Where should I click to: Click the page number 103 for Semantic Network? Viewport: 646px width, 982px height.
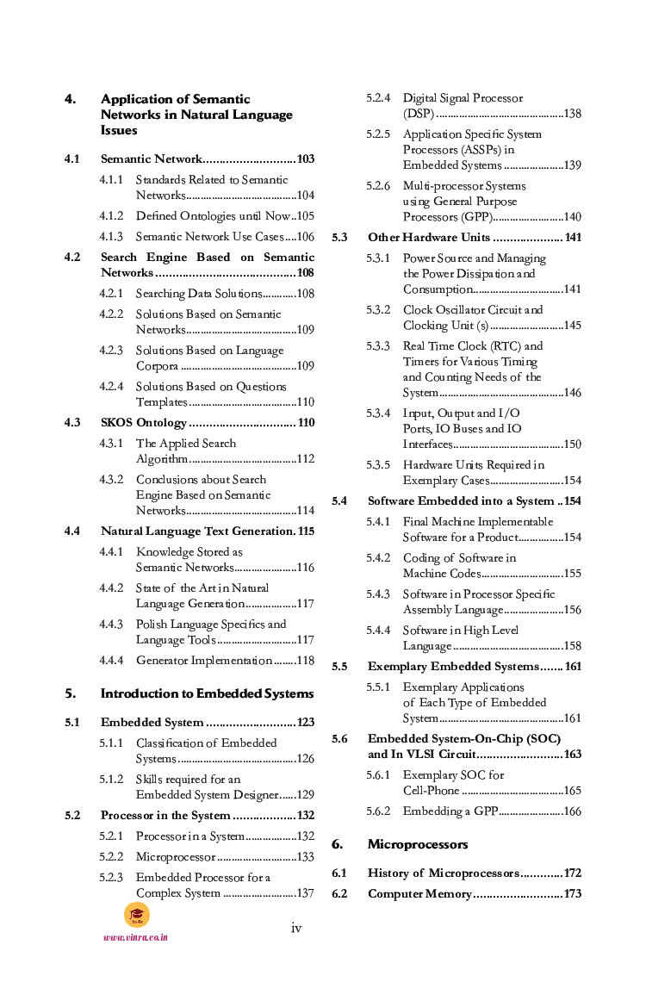tap(305, 159)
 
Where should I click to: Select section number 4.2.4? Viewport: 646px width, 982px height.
tap(111, 387)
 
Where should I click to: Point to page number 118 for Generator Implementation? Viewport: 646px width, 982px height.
tap(305, 661)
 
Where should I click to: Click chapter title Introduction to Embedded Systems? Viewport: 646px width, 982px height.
tap(207, 693)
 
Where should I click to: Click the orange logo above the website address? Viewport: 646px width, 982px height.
tap(136, 915)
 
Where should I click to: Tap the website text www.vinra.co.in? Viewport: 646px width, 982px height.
tap(135, 937)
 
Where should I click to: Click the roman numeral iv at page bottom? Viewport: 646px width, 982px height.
tap(296, 928)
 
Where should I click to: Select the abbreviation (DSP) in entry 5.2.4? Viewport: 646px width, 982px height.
tap(419, 114)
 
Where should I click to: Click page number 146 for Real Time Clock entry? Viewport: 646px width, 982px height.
tap(572, 393)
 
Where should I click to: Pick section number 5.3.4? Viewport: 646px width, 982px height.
tap(378, 413)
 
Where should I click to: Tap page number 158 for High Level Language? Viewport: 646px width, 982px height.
tap(572, 646)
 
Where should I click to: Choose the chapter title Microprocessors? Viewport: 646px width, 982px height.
tap(418, 844)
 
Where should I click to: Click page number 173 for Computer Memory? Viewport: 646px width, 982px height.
tap(572, 894)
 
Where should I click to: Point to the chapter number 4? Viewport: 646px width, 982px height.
tap(70, 99)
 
